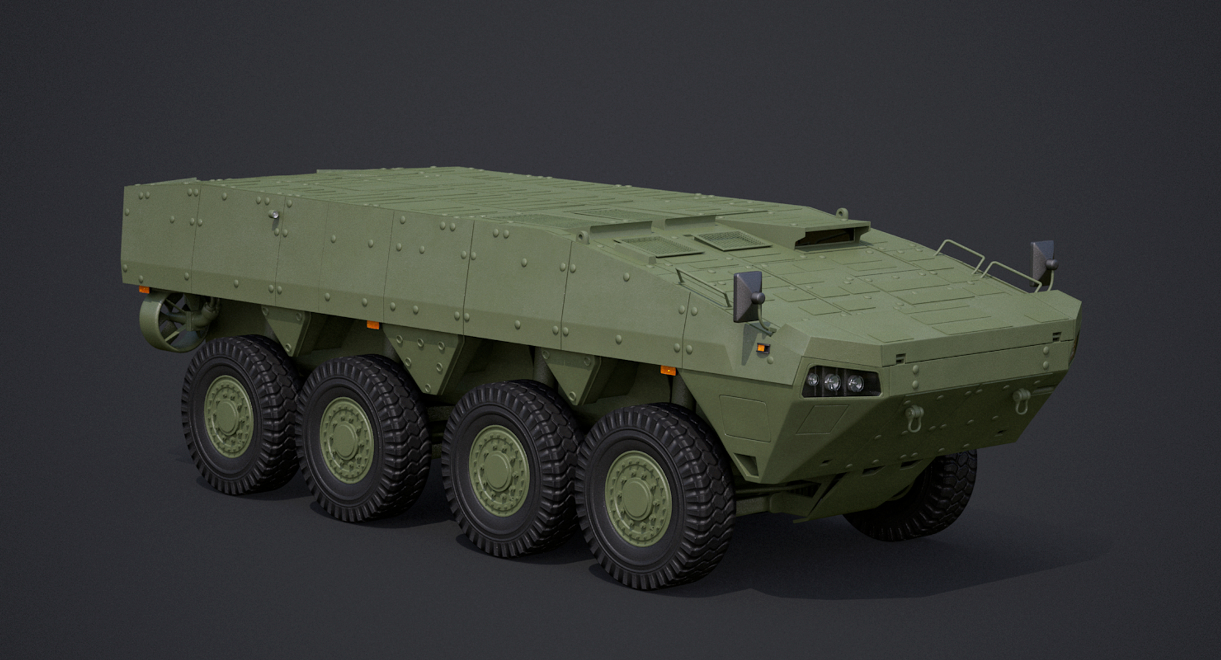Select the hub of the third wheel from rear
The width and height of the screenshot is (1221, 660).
coord(498,470)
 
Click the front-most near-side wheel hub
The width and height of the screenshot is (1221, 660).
coord(637,499)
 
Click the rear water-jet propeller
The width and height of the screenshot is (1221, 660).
coord(174,321)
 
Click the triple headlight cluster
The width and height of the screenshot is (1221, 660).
coord(832,382)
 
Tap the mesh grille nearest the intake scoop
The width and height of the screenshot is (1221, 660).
coord(729,240)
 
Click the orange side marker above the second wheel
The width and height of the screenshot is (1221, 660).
coord(373,325)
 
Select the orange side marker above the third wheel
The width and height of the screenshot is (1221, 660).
coord(668,370)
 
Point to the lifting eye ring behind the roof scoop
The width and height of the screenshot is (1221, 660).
coord(842,212)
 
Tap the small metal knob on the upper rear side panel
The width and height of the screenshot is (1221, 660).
coord(273,215)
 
